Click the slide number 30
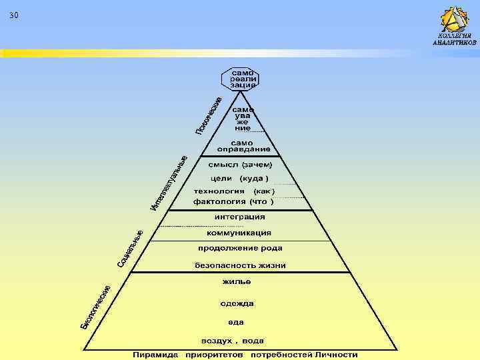[15, 15]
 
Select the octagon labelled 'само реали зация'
[241, 78]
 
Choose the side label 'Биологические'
[95, 306]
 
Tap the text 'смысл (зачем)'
[241, 163]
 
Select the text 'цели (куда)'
[239, 179]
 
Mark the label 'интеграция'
[239, 217]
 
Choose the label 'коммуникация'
[239, 233]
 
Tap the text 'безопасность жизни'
[240, 265]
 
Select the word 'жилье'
[237, 283]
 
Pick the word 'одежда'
[237, 303]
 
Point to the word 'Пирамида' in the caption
[155, 355]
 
